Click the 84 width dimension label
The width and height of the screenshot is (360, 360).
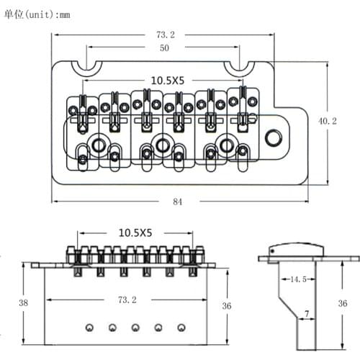pyautogui.click(x=178, y=202)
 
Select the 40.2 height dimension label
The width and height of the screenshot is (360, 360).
pyautogui.click(x=328, y=121)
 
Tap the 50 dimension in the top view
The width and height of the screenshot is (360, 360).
pyautogui.click(x=164, y=48)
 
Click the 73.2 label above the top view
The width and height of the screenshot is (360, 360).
pyautogui.click(x=166, y=35)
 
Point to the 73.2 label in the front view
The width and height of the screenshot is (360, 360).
pyautogui.click(x=127, y=300)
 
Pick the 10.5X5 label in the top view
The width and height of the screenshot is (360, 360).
pyautogui.click(x=168, y=81)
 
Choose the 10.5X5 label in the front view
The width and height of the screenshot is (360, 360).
pyautogui.click(x=135, y=233)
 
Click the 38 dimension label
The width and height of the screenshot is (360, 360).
pyautogui.click(x=24, y=302)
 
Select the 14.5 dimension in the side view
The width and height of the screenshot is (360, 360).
pyautogui.click(x=298, y=279)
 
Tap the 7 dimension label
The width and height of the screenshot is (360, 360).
pyautogui.click(x=307, y=313)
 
